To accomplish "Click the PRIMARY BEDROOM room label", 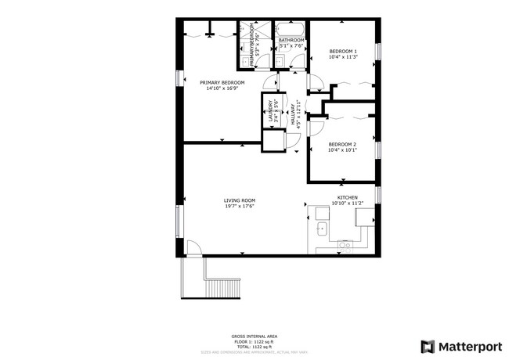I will [x=222, y=82].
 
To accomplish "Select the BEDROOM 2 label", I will [x=342, y=144].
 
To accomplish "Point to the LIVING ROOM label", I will [x=240, y=200].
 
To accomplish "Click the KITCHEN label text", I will [x=348, y=197].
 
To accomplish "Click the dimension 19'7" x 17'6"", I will [x=240, y=207].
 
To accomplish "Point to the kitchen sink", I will [x=321, y=229].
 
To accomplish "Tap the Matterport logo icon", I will [x=428, y=346].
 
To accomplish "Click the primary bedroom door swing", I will [x=269, y=83].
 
